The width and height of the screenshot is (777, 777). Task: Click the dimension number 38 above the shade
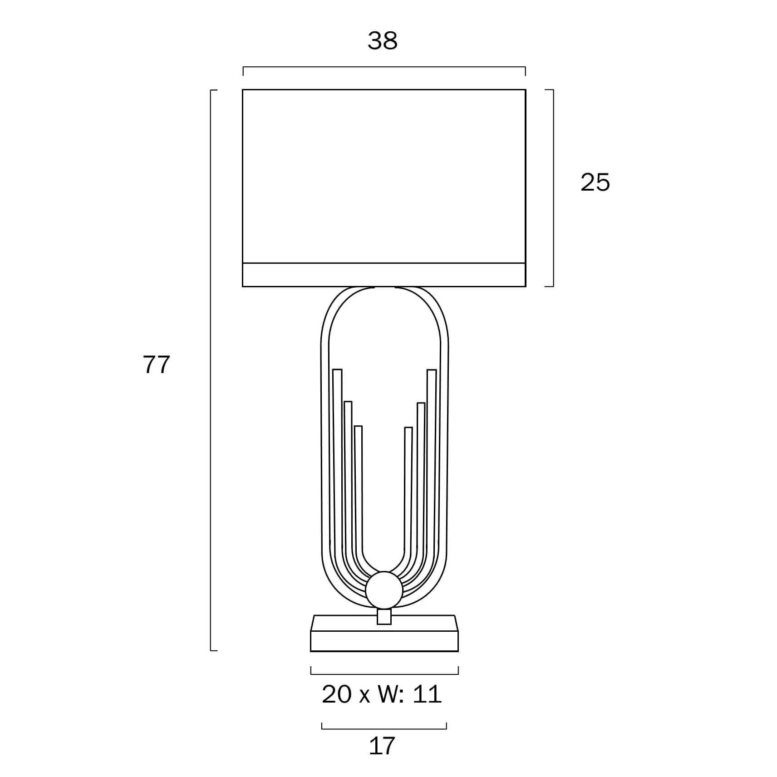point(383,40)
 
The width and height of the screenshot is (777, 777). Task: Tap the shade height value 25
point(595,182)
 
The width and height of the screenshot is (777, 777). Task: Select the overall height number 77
point(157,364)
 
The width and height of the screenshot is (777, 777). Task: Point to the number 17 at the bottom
point(382,746)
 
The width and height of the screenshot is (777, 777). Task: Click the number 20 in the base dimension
point(337,694)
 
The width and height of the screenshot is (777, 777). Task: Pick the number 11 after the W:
point(427,694)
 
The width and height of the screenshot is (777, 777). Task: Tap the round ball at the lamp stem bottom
point(384,590)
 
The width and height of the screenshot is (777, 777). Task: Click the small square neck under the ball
point(384,616)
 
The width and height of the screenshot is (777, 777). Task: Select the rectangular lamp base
point(384,633)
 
